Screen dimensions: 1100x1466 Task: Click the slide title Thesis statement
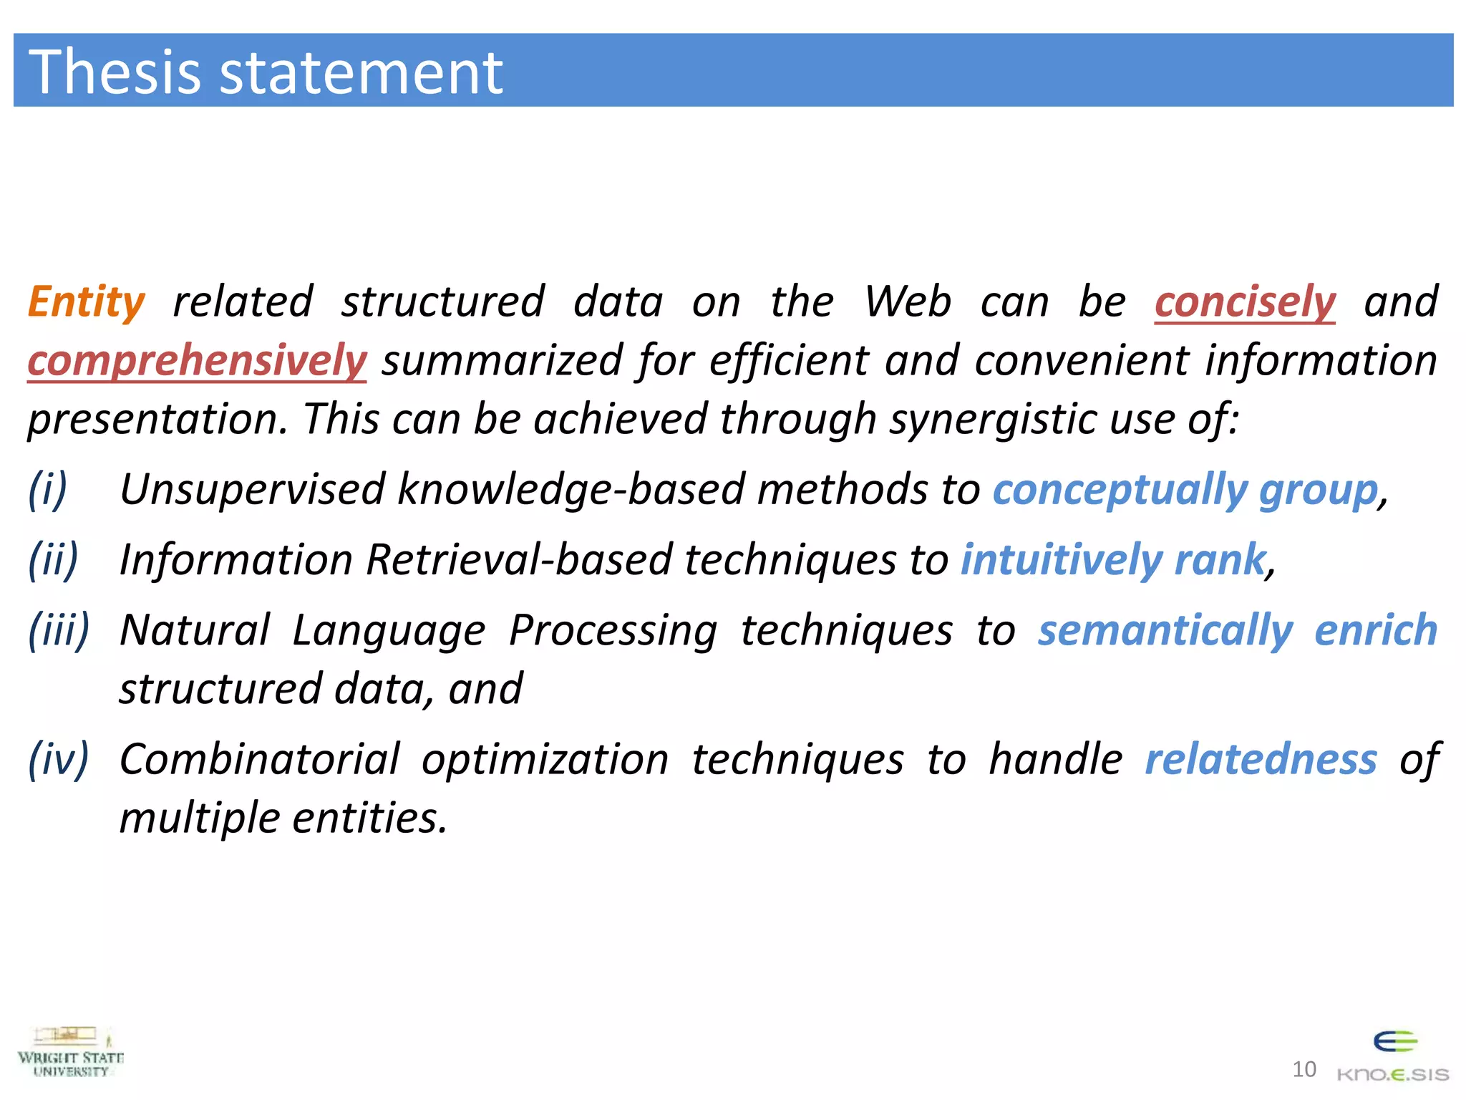click(266, 72)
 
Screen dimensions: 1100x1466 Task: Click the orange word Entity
click(87, 301)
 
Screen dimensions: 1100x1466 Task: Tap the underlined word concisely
click(1244, 301)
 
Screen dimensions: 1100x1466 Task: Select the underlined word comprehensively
click(197, 360)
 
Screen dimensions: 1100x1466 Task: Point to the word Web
click(907, 301)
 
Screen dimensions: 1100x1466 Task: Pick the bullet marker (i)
click(48, 490)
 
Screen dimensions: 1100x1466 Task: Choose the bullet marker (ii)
click(53, 559)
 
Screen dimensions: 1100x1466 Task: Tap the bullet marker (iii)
click(59, 630)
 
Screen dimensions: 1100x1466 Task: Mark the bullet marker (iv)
click(59, 759)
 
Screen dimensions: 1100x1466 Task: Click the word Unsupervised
click(252, 490)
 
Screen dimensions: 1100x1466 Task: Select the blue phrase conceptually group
click(1185, 490)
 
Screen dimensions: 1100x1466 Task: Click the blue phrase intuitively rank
click(1113, 559)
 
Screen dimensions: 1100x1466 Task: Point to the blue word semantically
click(1165, 630)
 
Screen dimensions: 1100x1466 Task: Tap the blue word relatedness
click(1261, 759)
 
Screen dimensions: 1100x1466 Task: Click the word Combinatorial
click(259, 759)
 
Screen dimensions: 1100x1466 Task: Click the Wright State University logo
click(70, 1053)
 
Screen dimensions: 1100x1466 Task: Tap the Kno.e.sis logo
click(1393, 1057)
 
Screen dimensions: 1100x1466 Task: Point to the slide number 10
click(1304, 1069)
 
